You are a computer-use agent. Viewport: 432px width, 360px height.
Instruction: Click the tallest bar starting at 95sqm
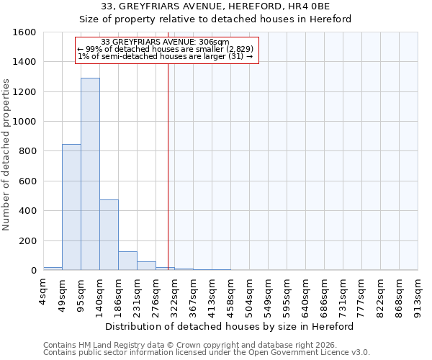pyautogui.click(x=90, y=174)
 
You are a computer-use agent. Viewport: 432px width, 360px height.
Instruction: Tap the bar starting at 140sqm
pyautogui.click(x=109, y=235)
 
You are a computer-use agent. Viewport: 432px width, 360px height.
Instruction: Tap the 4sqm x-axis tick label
pyautogui.click(x=44, y=292)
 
